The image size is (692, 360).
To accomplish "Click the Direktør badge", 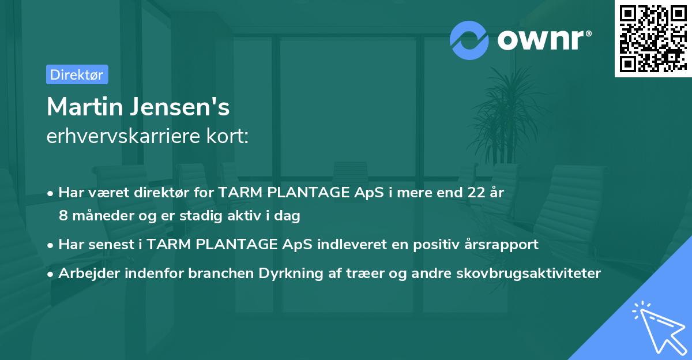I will pyautogui.click(x=77, y=74).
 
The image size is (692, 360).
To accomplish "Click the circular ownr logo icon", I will pyautogui.click(x=469, y=40).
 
